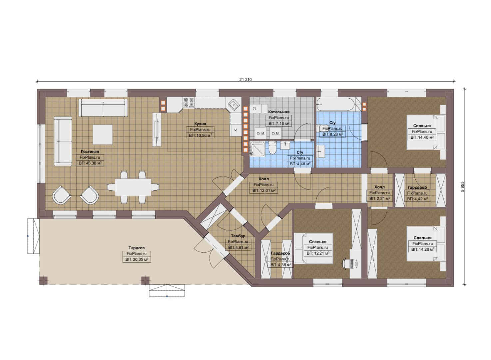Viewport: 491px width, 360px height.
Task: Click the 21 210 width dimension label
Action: click(x=245, y=79)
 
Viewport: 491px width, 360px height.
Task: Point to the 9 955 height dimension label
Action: click(x=463, y=187)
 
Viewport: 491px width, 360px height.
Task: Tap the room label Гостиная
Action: click(x=90, y=152)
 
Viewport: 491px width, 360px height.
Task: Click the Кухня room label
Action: click(x=200, y=124)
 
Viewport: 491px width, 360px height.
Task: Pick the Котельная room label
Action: click(x=278, y=112)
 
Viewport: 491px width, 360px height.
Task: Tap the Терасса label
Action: click(x=136, y=248)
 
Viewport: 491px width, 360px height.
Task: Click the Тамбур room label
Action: click(x=238, y=236)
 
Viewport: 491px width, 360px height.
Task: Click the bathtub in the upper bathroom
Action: click(x=335, y=105)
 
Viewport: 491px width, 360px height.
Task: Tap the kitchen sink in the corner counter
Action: click(x=234, y=105)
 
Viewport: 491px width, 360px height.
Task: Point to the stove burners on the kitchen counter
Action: click(x=189, y=102)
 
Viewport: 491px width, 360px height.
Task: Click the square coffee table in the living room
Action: click(x=103, y=135)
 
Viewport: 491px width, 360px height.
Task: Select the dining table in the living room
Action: click(x=133, y=187)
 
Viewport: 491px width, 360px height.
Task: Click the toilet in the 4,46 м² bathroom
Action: click(x=273, y=148)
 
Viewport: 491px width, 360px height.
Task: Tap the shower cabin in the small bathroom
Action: click(x=257, y=149)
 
